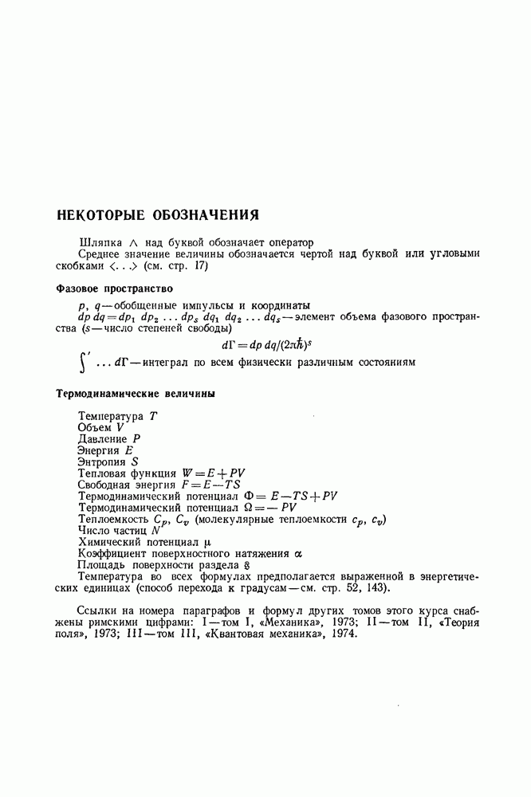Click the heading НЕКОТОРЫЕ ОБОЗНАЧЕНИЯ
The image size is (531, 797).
pos(159,215)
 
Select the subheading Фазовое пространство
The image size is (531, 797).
pos(115,289)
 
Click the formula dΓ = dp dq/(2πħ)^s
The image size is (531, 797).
pos(265,344)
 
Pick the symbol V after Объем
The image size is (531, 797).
pos(120,427)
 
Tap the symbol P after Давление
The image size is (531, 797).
pos(136,438)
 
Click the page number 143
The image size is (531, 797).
pos(379,588)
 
